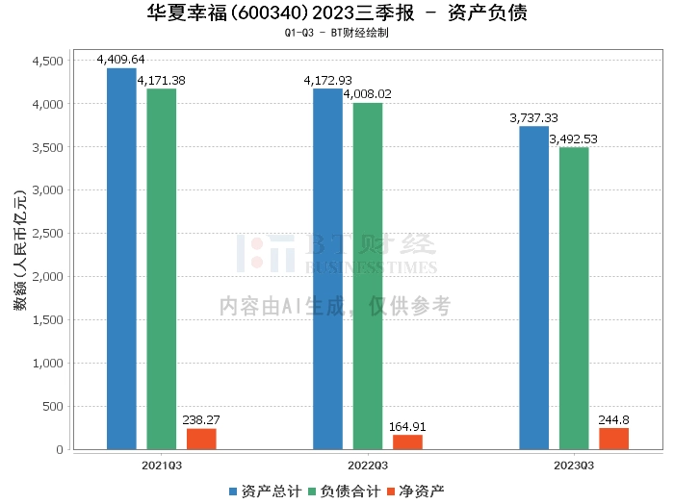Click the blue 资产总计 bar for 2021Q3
click(121, 259)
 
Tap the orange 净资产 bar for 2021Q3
click(201, 439)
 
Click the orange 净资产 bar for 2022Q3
click(407, 442)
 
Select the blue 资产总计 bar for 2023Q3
click(533, 288)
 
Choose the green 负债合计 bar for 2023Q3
click(574, 298)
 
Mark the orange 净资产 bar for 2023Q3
click(613, 439)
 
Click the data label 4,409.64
click(122, 60)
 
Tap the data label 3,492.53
click(574, 139)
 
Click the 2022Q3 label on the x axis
click(368, 465)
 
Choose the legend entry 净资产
click(414, 491)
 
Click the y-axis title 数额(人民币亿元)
click(19, 255)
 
